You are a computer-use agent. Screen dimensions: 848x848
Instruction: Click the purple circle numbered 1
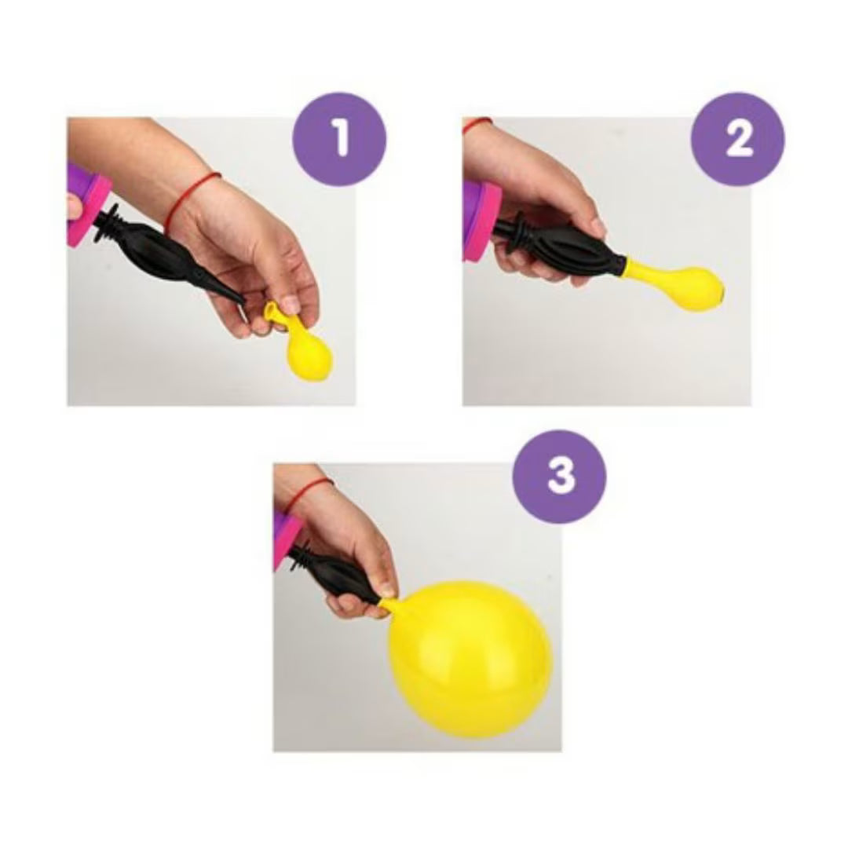point(339,139)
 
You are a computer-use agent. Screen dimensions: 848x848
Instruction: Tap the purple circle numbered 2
point(737,139)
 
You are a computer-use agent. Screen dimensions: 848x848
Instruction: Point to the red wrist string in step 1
point(193,197)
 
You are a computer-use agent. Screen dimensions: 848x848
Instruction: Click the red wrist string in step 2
point(476,124)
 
